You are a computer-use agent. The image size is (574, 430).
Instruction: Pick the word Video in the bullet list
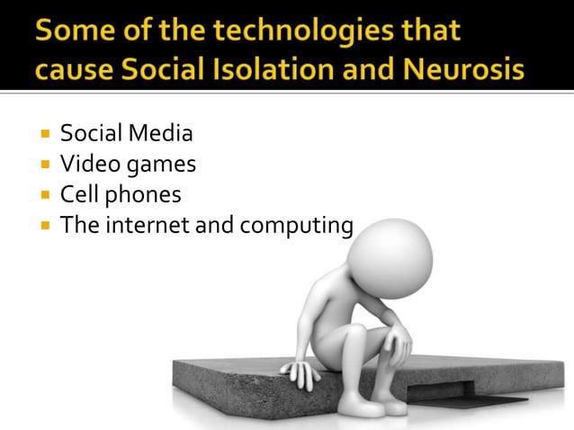point(86,165)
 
